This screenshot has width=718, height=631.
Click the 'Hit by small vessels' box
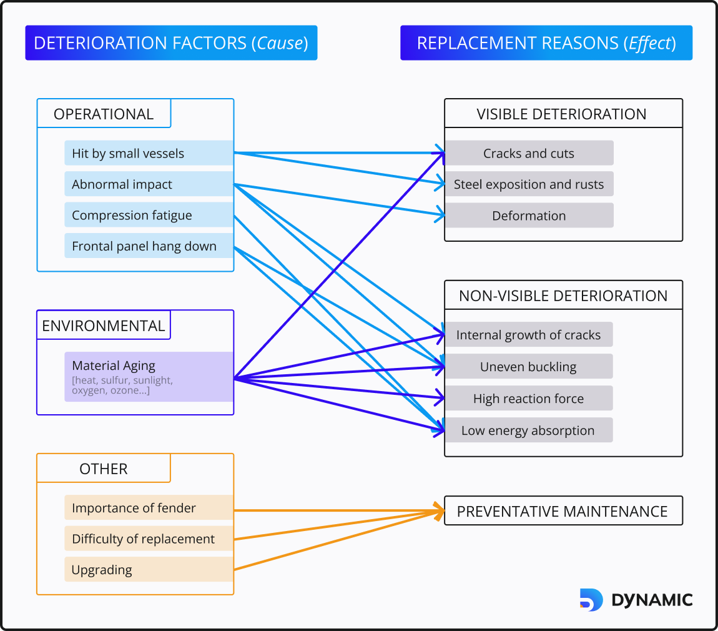pyautogui.click(x=149, y=153)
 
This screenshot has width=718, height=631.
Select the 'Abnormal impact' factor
pyautogui.click(x=149, y=184)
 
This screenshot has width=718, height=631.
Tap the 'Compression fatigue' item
pyautogui.click(x=149, y=215)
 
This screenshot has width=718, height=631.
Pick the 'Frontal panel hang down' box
pyautogui.click(x=149, y=246)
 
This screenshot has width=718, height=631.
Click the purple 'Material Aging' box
pyautogui.click(x=149, y=377)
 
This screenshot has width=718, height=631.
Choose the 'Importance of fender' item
pyautogui.click(x=149, y=508)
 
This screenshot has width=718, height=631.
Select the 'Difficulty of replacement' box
pyautogui.click(x=149, y=539)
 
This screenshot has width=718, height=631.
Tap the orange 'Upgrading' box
pyautogui.click(x=149, y=570)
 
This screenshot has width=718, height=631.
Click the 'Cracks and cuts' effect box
pyautogui.click(x=529, y=153)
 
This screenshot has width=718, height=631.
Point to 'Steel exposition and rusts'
pyautogui.click(x=529, y=184)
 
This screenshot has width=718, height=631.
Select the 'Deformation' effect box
pyautogui.click(x=529, y=216)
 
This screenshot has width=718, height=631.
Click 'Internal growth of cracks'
pyautogui.click(x=528, y=335)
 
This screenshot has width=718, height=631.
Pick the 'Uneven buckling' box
pyautogui.click(x=528, y=367)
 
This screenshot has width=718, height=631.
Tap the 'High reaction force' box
pyautogui.click(x=528, y=399)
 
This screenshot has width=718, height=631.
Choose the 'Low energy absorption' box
pyautogui.click(x=528, y=430)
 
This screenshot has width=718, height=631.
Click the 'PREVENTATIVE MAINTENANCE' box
pyautogui.click(x=563, y=511)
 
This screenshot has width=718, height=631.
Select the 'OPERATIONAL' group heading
pyautogui.click(x=104, y=114)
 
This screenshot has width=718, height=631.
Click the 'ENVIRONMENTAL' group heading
pyautogui.click(x=104, y=325)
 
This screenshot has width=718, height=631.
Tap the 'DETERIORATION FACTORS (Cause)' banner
pyautogui.click(x=171, y=43)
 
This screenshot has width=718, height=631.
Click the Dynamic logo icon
pyautogui.click(x=591, y=600)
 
